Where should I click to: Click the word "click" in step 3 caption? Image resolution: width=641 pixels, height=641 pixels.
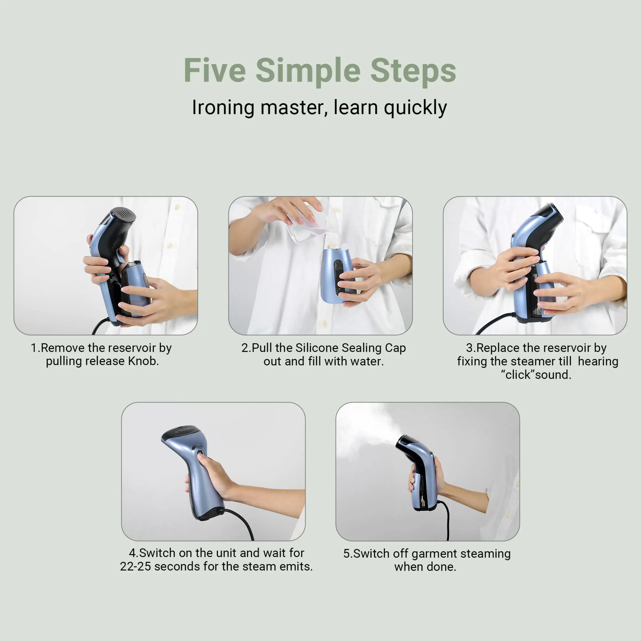[x=518, y=375]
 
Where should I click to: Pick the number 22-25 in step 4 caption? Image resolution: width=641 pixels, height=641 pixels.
[x=135, y=566]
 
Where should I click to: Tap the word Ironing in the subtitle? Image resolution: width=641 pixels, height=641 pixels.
[x=223, y=108]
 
